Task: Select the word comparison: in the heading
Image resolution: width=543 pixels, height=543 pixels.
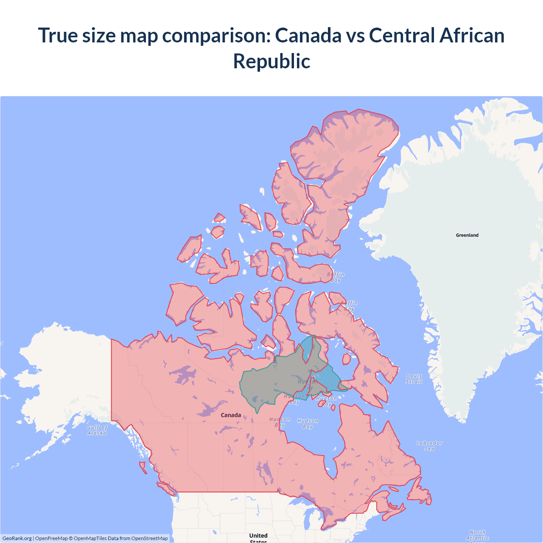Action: click(216, 35)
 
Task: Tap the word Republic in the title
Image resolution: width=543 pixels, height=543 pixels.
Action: click(271, 61)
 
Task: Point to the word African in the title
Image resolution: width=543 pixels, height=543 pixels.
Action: click(472, 35)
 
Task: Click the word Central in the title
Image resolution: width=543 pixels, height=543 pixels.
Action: click(402, 35)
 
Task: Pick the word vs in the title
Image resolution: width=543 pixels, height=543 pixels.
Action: click(355, 35)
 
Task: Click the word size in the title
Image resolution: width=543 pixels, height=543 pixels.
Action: click(98, 35)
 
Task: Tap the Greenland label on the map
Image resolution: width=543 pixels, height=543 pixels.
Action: click(467, 235)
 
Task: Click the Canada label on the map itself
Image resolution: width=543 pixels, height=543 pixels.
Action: click(231, 415)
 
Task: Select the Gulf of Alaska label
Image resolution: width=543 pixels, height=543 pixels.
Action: click(97, 430)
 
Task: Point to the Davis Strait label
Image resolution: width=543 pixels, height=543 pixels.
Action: click(414, 379)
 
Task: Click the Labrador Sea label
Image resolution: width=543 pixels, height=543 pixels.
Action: click(429, 446)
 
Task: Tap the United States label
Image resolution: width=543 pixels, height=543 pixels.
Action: click(258, 537)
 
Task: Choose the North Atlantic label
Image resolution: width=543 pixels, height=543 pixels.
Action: click(478, 535)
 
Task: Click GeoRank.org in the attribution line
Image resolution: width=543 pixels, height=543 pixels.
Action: click(17, 538)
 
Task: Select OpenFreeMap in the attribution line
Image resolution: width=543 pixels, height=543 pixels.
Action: click(51, 538)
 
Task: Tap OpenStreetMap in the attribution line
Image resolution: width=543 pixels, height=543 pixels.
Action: click(149, 538)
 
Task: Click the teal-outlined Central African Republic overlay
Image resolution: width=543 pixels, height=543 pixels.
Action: click(271, 380)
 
